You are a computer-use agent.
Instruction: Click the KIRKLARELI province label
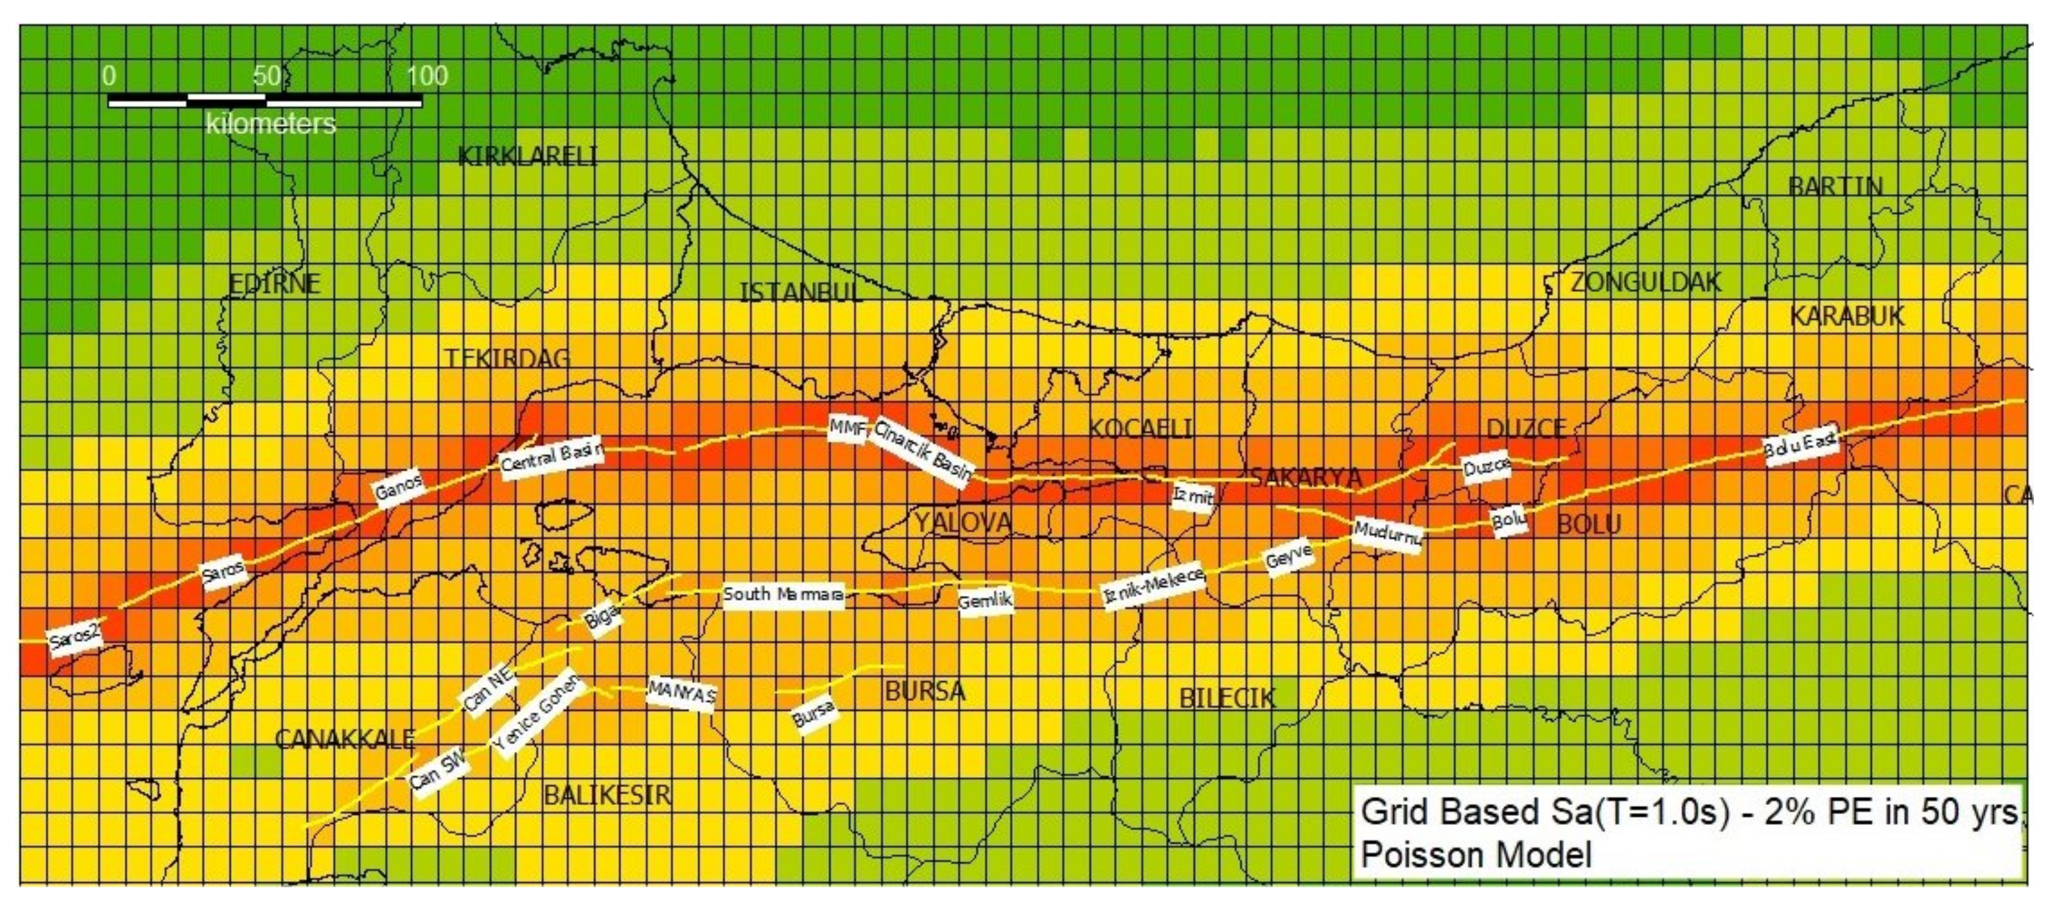tap(527, 157)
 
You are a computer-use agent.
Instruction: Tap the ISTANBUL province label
tap(800, 293)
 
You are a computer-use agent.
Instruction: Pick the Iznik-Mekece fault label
tap(1153, 586)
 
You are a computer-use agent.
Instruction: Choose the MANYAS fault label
tap(681, 692)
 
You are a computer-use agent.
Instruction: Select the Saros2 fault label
tap(75, 638)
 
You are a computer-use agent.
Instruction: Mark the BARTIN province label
tap(1835, 187)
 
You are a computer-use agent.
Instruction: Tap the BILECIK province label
tap(1227, 699)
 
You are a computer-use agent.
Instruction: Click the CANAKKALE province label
tap(344, 740)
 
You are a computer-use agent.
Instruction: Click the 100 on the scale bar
tap(428, 77)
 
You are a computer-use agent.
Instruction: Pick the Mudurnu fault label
tap(1388, 533)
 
